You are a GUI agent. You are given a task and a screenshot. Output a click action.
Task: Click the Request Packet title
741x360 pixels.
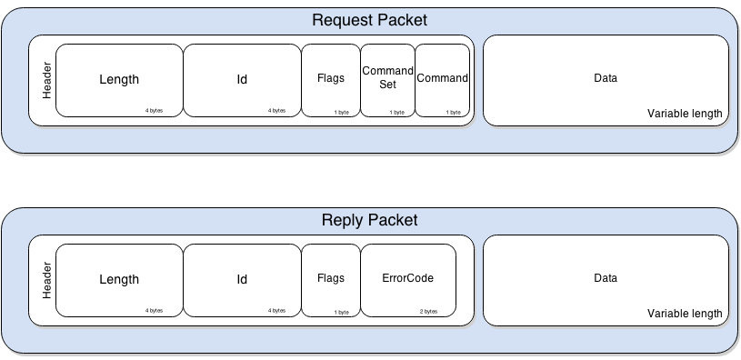click(x=370, y=20)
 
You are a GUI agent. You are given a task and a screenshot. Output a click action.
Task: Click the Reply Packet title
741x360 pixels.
click(x=370, y=221)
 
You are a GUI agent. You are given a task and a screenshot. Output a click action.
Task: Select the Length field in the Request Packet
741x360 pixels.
click(x=119, y=79)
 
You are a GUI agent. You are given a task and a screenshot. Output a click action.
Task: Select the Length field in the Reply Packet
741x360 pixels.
click(x=119, y=279)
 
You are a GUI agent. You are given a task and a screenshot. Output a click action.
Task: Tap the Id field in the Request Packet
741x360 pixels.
click(x=242, y=79)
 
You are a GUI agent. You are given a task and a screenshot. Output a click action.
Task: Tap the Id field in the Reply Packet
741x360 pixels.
click(x=242, y=279)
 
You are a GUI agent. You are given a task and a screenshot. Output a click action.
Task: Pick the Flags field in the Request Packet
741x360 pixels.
click(x=331, y=78)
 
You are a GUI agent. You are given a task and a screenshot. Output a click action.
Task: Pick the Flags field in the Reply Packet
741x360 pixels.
click(x=331, y=278)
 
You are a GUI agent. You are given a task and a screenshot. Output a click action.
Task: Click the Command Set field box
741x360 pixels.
click(x=388, y=78)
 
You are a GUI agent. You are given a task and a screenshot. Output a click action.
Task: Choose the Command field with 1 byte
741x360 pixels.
click(x=443, y=78)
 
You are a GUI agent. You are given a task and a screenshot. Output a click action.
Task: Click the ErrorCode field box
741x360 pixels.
click(x=407, y=278)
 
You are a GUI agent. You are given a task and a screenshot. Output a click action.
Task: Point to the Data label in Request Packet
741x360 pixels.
click(x=606, y=78)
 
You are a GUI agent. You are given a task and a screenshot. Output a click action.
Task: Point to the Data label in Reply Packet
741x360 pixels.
click(x=606, y=278)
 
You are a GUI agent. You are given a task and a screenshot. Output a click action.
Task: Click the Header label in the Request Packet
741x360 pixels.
click(x=46, y=80)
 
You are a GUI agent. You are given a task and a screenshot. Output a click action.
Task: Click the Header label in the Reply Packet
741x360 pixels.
click(x=46, y=280)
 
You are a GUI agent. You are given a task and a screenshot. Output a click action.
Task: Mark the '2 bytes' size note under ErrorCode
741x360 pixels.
click(x=429, y=312)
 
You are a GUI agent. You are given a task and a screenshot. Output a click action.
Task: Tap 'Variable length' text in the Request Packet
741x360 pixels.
click(x=685, y=114)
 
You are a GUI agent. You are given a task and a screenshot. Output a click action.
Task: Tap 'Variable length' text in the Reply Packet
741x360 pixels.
click(x=685, y=314)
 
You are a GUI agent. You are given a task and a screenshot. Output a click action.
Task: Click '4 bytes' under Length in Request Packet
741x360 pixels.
click(x=154, y=111)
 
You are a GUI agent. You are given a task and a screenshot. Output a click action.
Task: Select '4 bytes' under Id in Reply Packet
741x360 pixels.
click(x=276, y=311)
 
